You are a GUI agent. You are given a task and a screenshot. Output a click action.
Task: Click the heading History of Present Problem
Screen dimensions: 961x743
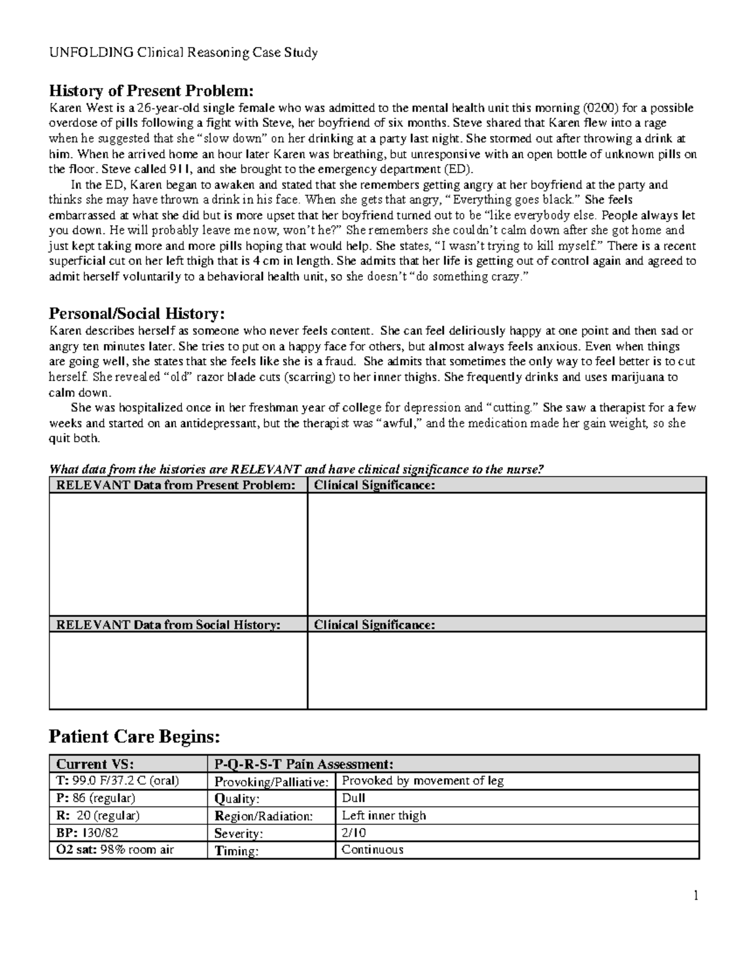151,91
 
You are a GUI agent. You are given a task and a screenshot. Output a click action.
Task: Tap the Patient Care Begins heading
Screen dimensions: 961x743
134,736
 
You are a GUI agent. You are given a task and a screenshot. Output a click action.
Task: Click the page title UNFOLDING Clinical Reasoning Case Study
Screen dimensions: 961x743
183,53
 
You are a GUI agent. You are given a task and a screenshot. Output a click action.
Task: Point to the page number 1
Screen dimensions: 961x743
696,895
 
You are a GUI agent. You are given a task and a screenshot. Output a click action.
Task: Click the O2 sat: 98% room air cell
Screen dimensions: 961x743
115,850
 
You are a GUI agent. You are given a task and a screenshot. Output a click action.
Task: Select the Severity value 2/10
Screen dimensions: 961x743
354,833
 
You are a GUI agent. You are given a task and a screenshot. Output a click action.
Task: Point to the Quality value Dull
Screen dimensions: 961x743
354,798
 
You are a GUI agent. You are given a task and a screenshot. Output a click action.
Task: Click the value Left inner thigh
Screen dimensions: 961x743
384,816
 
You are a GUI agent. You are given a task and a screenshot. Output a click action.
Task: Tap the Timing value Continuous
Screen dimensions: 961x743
373,850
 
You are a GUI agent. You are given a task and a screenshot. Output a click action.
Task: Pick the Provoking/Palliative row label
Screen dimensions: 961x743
271,782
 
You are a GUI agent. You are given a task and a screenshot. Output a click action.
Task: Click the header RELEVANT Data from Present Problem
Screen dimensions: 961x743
176,485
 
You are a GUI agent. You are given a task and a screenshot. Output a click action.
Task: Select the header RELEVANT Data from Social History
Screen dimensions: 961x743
168,625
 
